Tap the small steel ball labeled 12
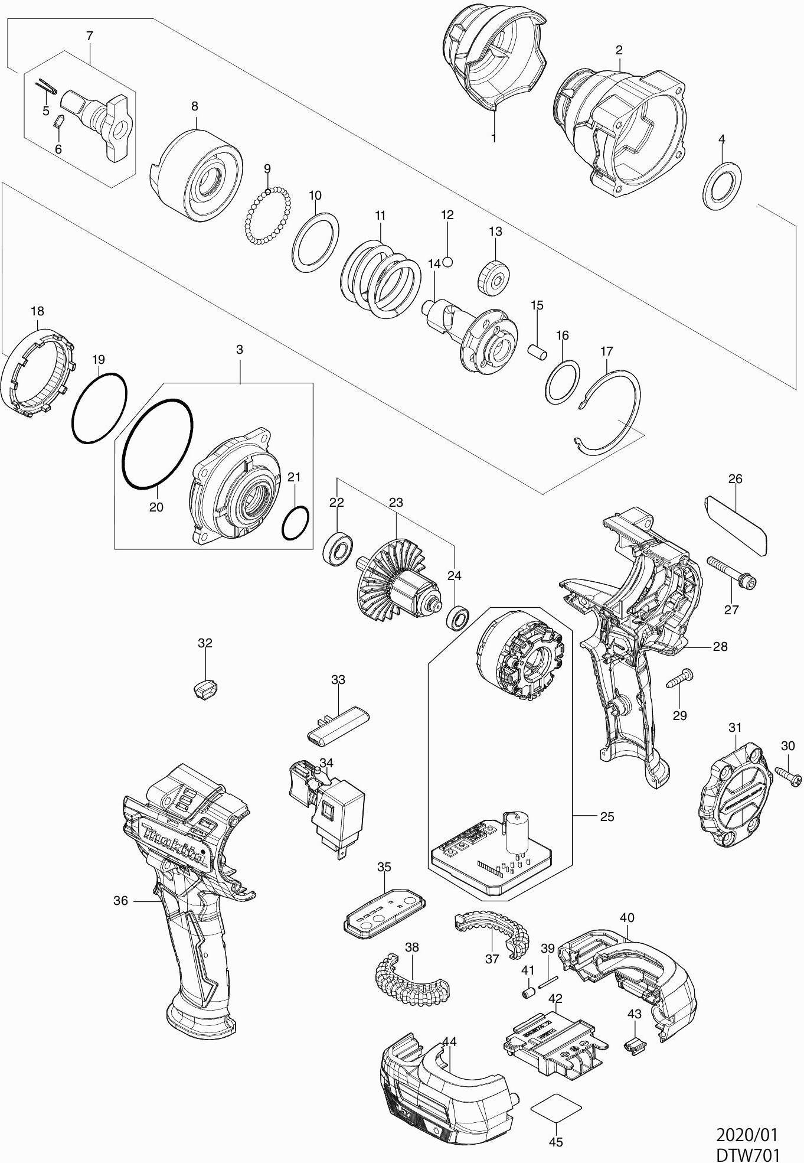pos(448,262)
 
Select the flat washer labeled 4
pos(723,185)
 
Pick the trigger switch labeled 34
pos(326,803)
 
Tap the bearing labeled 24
pos(457,617)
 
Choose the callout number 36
pos(120,917)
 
